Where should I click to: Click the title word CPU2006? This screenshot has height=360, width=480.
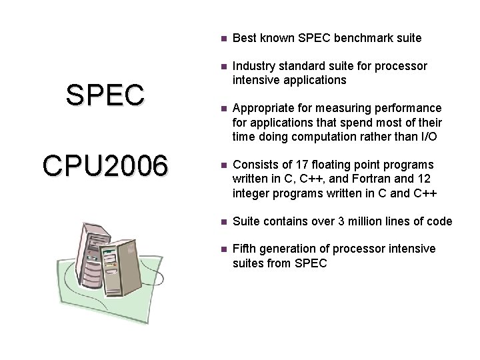[x=105, y=166]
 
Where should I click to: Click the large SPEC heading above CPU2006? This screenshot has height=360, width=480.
[x=105, y=95]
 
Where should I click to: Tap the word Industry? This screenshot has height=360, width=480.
[x=253, y=67]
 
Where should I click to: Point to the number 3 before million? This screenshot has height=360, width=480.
[x=329, y=221]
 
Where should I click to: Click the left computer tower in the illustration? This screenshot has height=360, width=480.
[x=93, y=253]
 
